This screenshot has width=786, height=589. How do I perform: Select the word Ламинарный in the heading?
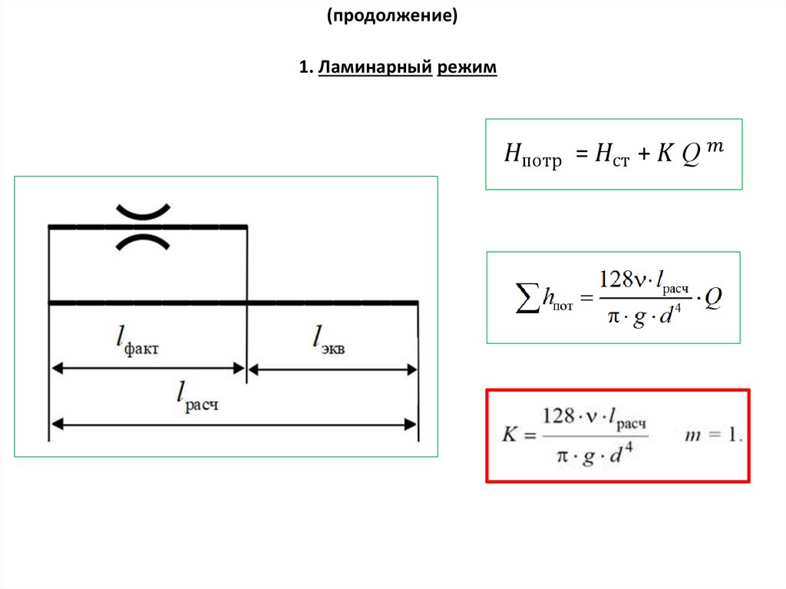[375, 69]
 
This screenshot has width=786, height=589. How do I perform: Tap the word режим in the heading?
[467, 69]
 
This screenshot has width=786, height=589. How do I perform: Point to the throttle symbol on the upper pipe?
[143, 227]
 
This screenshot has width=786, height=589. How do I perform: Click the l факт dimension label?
[138, 340]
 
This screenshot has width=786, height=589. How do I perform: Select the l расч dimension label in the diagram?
[198, 397]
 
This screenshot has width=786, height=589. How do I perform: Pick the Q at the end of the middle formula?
[713, 297]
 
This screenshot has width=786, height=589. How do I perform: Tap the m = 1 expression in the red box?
[713, 435]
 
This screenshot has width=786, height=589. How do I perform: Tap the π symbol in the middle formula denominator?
[609, 318]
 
